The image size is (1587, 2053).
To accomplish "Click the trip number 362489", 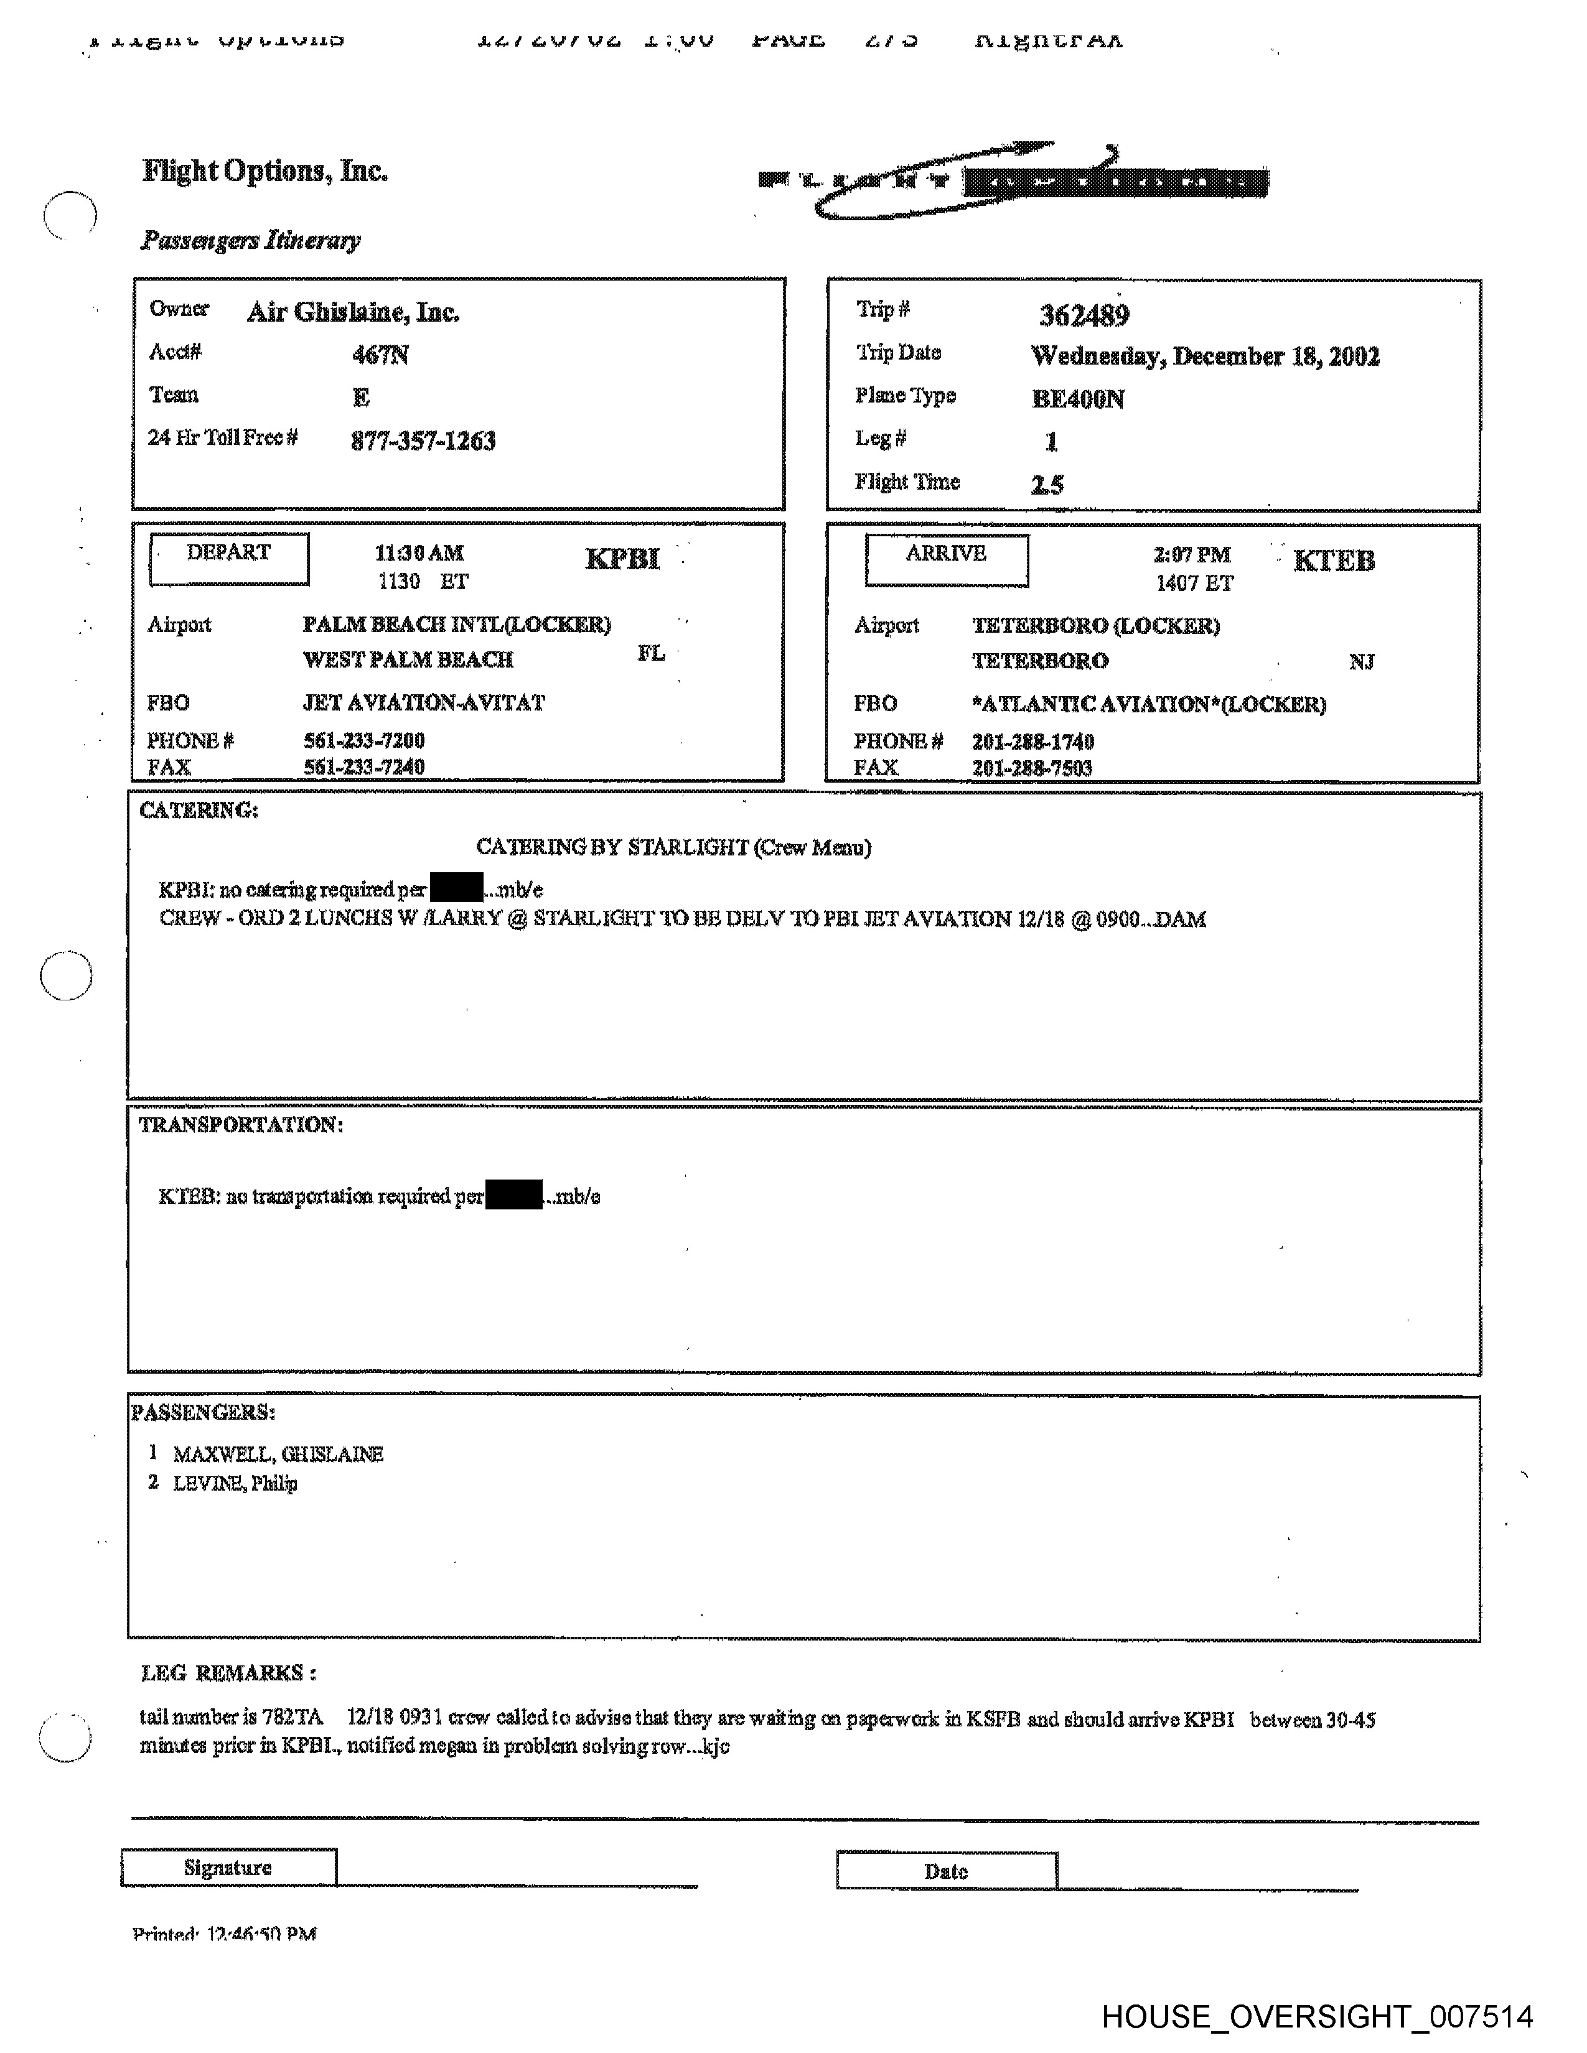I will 1084,315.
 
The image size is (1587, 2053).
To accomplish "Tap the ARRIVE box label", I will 946,554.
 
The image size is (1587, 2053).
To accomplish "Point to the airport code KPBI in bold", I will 622,559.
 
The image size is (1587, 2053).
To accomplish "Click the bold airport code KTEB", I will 1333,561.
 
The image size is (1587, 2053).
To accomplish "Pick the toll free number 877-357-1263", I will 423,441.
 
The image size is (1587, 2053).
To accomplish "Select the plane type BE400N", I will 1077,399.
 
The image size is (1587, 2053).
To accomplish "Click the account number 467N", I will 380,355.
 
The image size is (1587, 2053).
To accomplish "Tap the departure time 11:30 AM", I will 419,552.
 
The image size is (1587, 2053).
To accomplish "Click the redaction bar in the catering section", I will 456,887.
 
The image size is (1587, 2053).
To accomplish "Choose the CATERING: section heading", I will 199,810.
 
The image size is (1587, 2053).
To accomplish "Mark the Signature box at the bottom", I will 228,1868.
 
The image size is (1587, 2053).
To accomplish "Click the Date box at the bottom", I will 946,1871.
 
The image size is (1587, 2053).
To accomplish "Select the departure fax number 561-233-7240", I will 364,767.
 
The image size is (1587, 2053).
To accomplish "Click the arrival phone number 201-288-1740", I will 1033,742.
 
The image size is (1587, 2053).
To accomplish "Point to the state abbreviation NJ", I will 1360,662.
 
